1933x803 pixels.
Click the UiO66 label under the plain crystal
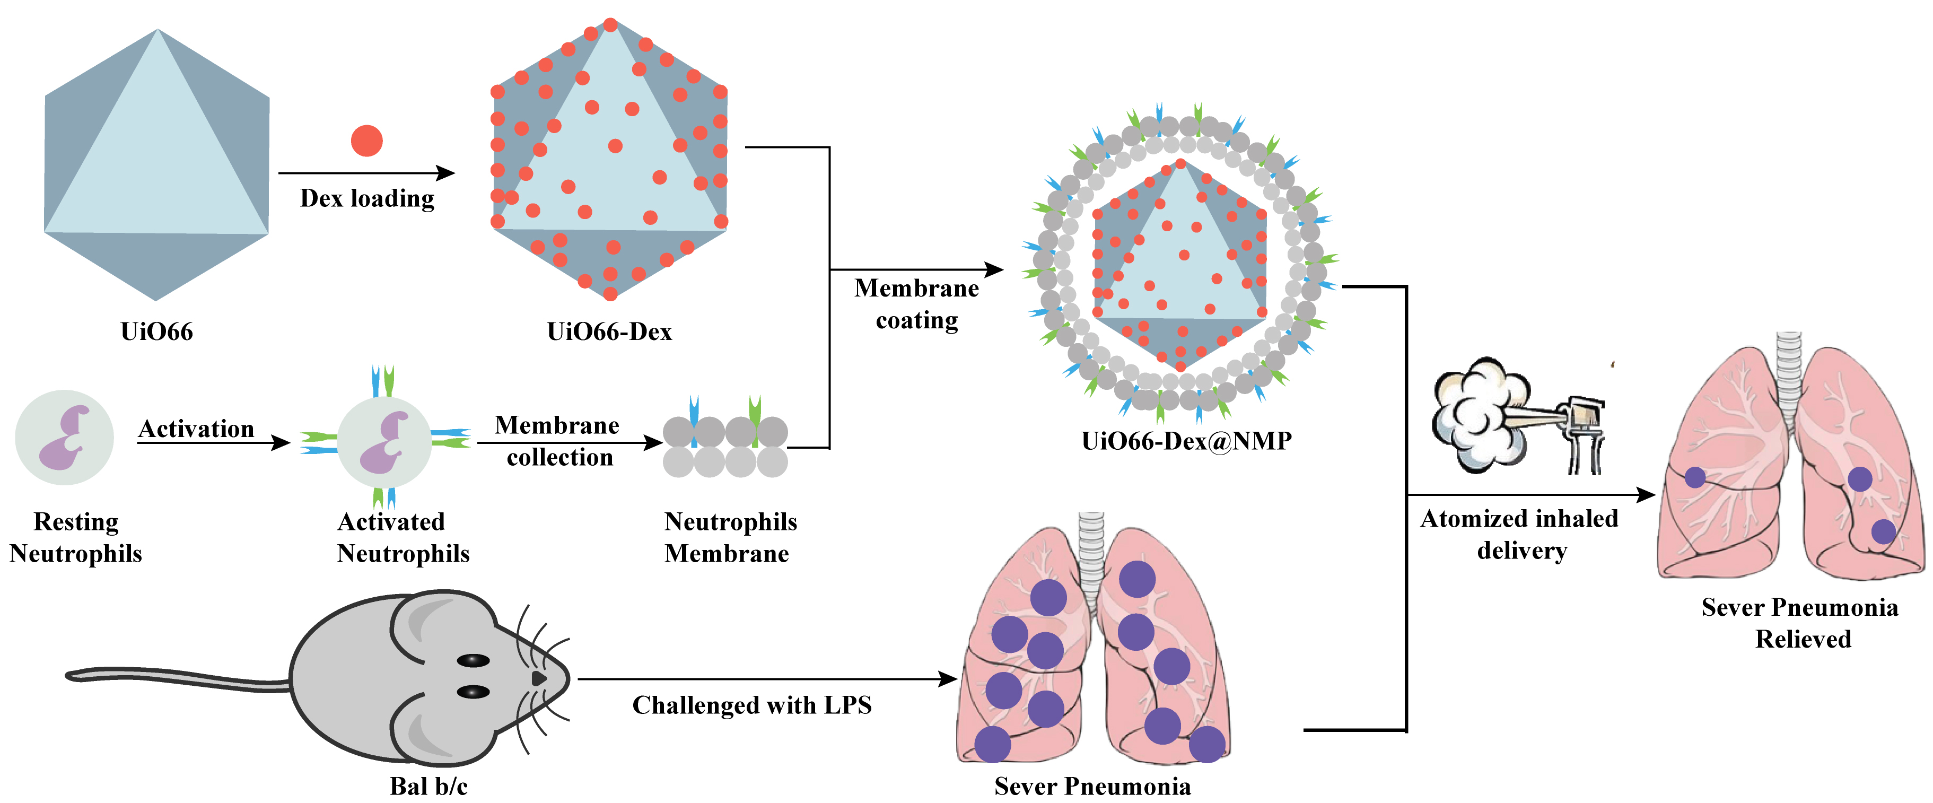pos(157,331)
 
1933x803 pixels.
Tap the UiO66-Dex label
pos(609,331)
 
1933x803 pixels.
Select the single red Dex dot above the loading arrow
pos(366,141)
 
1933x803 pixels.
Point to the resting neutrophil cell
pos(65,438)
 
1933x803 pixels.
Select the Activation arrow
pos(213,443)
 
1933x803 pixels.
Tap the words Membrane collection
pos(557,441)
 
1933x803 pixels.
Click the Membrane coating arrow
pos(915,269)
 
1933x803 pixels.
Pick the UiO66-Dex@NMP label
pos(1186,441)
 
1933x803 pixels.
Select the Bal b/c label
pos(428,785)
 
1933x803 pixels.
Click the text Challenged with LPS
pos(752,705)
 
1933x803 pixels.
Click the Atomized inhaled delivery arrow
pos(1531,494)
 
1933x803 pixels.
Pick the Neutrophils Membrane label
pos(729,537)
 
